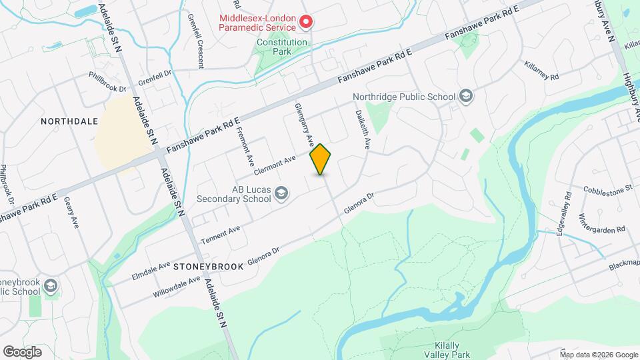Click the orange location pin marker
(321, 159)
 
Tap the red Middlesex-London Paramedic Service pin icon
(306, 23)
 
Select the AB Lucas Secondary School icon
(281, 193)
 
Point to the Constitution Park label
(283, 47)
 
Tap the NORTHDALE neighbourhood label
(69, 121)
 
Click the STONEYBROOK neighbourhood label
(208, 266)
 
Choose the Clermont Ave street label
(274, 164)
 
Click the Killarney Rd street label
(541, 73)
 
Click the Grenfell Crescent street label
(195, 41)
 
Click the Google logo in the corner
(22, 352)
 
